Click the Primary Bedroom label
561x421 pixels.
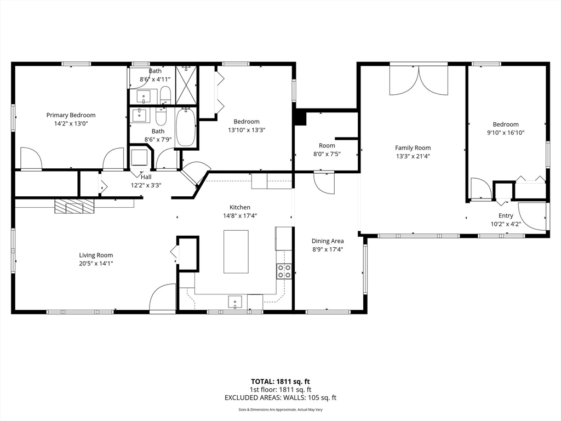coord(71,115)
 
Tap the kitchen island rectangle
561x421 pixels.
coord(236,252)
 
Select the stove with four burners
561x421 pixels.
coord(284,271)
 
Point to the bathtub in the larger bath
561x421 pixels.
coord(185,127)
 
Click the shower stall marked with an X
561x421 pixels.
coord(186,85)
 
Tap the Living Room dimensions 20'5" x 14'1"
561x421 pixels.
coord(96,264)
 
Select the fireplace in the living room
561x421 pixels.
coord(74,206)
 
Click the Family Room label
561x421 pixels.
coord(413,147)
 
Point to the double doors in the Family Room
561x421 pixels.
coord(419,81)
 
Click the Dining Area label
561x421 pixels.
coord(328,241)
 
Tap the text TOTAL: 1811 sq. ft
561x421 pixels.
coord(280,381)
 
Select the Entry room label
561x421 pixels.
coord(506,216)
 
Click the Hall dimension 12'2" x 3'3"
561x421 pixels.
coord(146,185)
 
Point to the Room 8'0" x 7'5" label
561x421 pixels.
coord(327,146)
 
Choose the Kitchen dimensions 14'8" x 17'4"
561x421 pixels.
coord(240,215)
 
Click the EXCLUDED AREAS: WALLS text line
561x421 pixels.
coord(280,397)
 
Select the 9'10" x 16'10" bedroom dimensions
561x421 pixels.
coord(505,133)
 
